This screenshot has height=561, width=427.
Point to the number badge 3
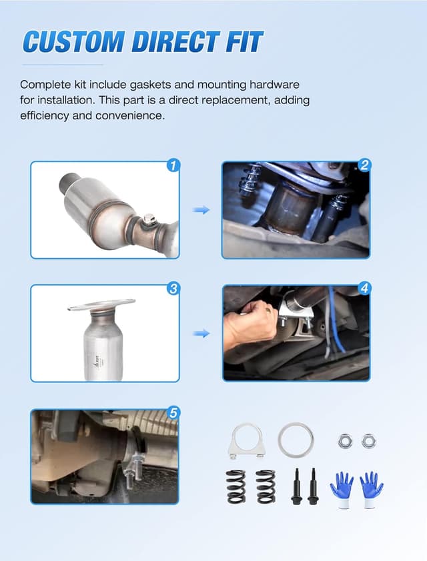pyautogui.click(x=173, y=289)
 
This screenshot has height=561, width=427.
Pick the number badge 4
pyautogui.click(x=364, y=289)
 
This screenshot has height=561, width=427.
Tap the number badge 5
pyautogui.click(x=173, y=413)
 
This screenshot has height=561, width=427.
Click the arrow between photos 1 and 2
pyautogui.click(x=201, y=210)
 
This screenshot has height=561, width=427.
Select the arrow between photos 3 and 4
pyautogui.click(x=201, y=333)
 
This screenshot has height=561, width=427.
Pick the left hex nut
pyautogui.click(x=345, y=440)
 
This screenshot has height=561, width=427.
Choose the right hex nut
pyautogui.click(x=368, y=440)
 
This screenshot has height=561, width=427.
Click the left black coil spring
pyautogui.click(x=236, y=486)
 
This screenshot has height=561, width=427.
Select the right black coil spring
pyautogui.click(x=266, y=486)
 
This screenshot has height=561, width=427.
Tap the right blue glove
pyautogui.click(x=371, y=489)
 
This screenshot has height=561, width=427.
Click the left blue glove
pyautogui.click(x=342, y=489)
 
